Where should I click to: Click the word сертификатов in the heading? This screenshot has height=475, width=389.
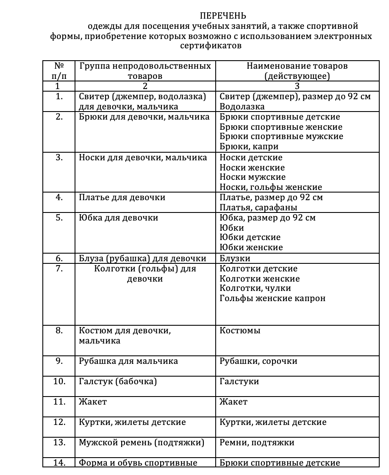(x=211, y=46)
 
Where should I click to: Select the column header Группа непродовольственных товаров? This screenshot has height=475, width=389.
(x=145, y=71)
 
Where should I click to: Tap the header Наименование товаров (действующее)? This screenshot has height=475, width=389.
(x=297, y=71)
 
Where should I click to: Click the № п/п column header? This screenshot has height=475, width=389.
(x=59, y=71)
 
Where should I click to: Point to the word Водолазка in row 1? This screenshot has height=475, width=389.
(x=242, y=106)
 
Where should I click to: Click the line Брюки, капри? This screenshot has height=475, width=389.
(x=249, y=147)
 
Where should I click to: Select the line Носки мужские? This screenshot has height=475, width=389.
(x=253, y=177)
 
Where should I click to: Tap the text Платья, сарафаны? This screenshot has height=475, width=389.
(x=258, y=207)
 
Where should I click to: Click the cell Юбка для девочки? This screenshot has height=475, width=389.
(x=119, y=218)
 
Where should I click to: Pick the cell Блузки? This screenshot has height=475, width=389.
(x=235, y=258)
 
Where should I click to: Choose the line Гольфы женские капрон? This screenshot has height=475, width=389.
(x=272, y=298)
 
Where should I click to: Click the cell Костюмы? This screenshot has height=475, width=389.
(x=240, y=331)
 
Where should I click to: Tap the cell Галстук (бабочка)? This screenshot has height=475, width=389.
(x=118, y=382)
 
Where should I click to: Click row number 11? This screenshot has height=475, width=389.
(x=59, y=402)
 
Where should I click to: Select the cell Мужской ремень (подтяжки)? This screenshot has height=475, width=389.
(x=142, y=443)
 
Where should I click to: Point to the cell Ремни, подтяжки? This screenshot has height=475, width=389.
(x=257, y=443)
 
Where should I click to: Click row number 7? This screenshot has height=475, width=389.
(x=59, y=269)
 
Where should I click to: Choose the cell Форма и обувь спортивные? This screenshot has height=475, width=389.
(x=138, y=463)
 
